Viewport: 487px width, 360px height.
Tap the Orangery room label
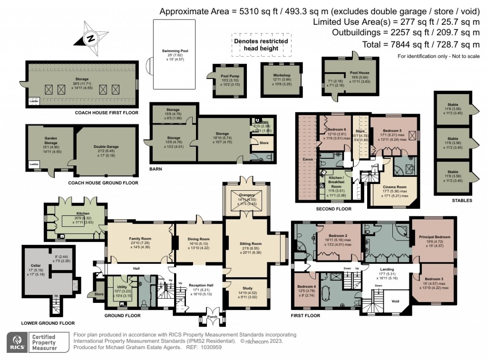point(247,195)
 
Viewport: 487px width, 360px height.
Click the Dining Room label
point(198,239)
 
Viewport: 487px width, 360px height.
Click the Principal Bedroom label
point(434,236)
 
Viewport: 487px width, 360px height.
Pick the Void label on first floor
point(394,301)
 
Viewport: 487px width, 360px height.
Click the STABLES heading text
point(462,201)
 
